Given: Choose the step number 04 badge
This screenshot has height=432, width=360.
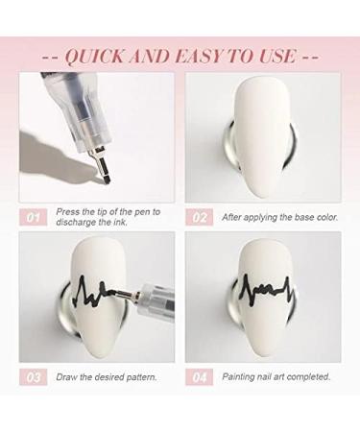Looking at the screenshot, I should (200, 377).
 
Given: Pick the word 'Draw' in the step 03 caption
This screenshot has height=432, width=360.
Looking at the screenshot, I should (65, 377).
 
